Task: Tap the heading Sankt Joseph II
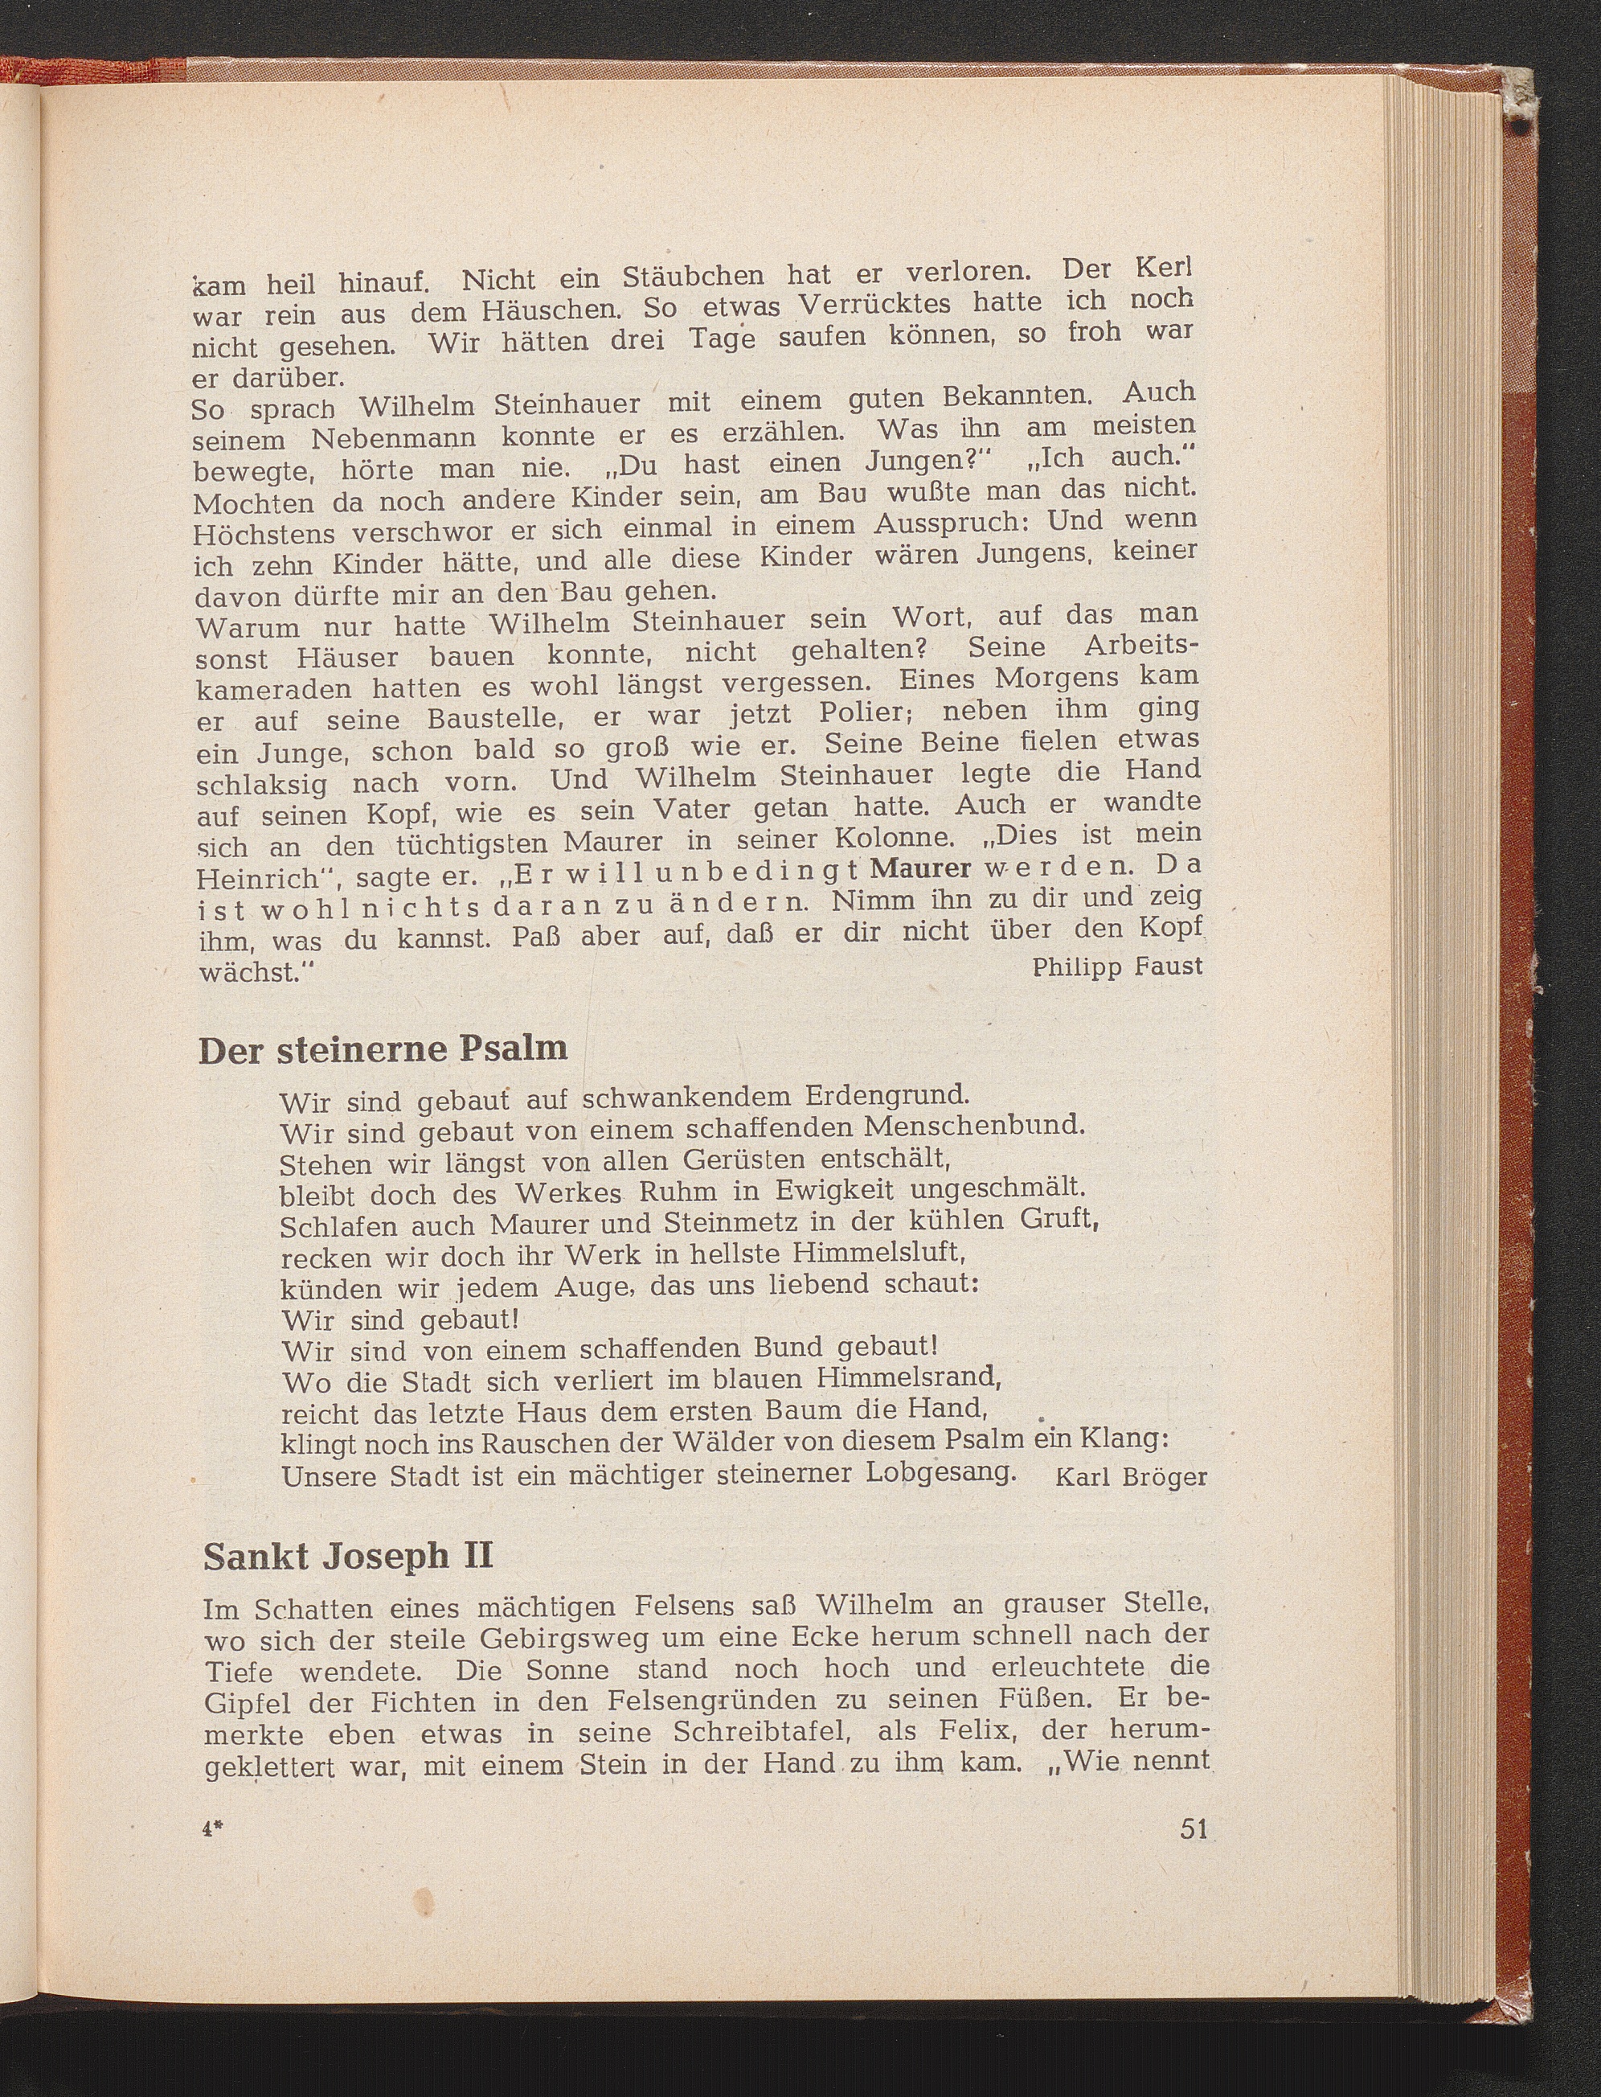[x=348, y=1556]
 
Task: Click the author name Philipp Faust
[x=1117, y=966]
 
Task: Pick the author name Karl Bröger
[x=1131, y=1477]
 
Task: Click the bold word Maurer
[x=920, y=869]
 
